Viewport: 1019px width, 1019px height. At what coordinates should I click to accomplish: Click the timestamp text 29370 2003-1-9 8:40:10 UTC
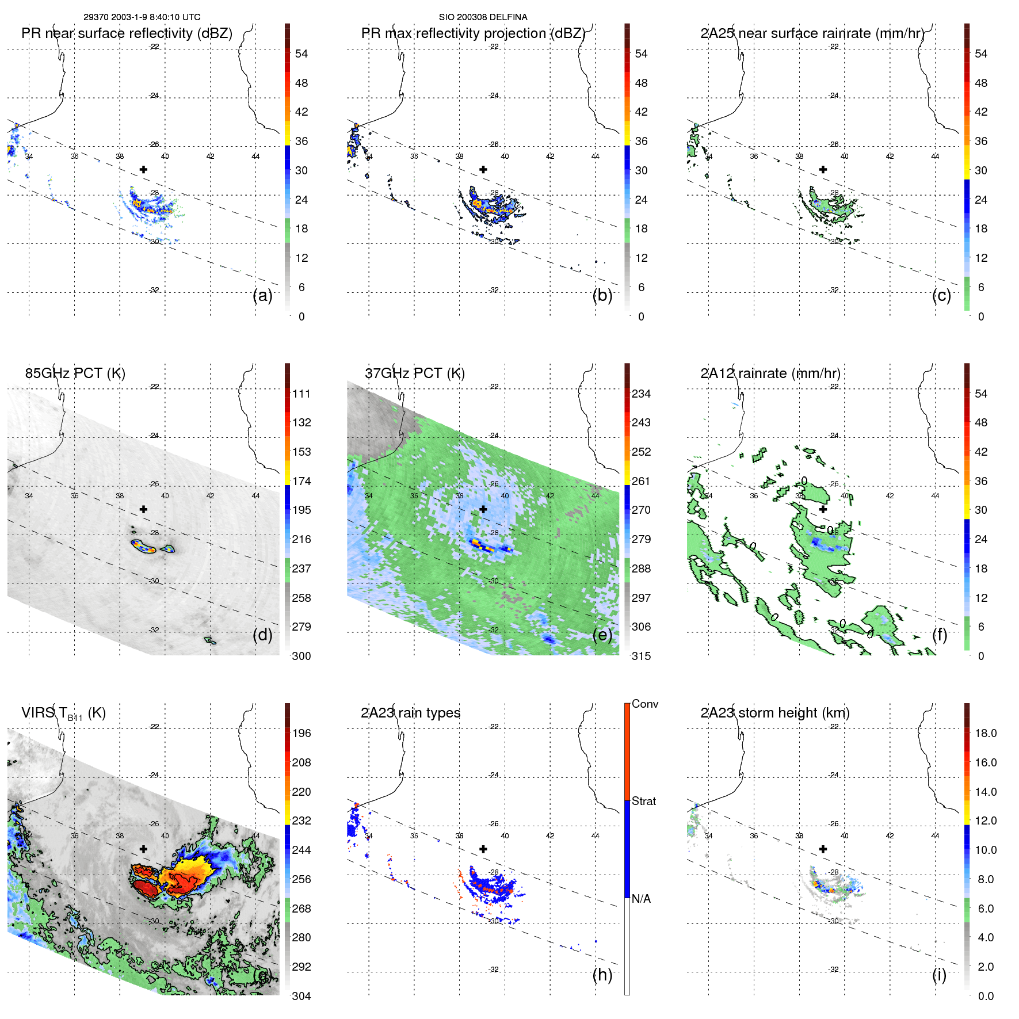pos(142,17)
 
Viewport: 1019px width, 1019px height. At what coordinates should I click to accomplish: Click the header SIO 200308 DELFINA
pos(483,17)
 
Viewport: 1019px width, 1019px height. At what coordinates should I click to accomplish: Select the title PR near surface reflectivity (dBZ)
pos(127,33)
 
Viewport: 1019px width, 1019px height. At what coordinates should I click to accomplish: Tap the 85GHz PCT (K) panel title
pos(75,373)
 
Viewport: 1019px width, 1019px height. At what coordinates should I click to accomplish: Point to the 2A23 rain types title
pos(410,713)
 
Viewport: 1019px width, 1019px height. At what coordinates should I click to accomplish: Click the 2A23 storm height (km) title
pos(774,713)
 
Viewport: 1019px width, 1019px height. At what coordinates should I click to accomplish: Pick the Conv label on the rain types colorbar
pos(644,704)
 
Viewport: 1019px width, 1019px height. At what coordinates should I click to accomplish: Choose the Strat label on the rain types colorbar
pos(643,801)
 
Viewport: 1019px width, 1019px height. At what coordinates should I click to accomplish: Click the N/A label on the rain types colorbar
pos(641,899)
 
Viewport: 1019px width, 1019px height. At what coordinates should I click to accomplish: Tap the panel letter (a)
pos(262,295)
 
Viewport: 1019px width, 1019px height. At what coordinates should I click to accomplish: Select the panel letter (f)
pos(940,635)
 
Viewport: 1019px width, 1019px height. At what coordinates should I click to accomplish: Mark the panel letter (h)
pos(602,975)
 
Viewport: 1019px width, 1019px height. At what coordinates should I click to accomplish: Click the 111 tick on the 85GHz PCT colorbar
pos(301,394)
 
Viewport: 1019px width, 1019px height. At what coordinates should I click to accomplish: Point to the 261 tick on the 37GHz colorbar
pos(641,481)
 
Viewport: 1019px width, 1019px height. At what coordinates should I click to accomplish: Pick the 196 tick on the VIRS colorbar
pos(301,733)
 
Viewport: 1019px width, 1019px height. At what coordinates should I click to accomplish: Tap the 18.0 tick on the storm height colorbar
pos(986,733)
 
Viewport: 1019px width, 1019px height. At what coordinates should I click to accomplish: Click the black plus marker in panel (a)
pos(143,169)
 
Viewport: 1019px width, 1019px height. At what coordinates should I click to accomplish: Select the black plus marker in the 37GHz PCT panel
pos(483,509)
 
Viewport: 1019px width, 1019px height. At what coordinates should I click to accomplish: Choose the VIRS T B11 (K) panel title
pos(63,713)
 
